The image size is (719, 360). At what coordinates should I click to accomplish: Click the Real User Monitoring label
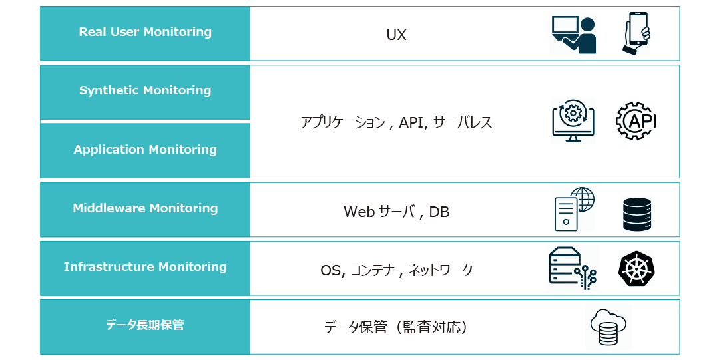point(145,32)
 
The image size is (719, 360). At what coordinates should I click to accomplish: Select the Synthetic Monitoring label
point(145,90)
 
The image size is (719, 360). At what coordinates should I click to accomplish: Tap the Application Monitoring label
point(145,150)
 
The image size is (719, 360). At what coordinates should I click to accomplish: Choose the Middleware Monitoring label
point(145,208)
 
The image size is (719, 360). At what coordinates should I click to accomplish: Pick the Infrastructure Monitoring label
point(145,267)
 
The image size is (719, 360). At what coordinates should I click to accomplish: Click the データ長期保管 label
point(145,325)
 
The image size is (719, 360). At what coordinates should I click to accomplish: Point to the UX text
point(396,35)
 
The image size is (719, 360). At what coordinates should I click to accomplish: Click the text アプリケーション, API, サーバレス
point(396,122)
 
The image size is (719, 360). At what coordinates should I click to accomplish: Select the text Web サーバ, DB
point(396,212)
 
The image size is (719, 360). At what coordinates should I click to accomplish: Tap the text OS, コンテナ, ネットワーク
point(396,270)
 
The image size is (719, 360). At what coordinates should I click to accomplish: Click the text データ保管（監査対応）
point(396,327)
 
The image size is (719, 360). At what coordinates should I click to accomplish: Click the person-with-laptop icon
point(574,35)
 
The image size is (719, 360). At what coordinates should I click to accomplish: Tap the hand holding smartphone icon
point(636,33)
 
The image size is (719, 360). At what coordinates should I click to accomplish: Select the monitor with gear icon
point(573,120)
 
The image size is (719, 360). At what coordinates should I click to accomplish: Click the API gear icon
point(636,121)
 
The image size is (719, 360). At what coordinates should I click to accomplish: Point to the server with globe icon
point(574,209)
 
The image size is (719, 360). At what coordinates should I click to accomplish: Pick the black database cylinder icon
point(637,214)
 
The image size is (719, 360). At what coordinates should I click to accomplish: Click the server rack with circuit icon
point(573,268)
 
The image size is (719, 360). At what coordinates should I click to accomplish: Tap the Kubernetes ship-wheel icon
point(636,269)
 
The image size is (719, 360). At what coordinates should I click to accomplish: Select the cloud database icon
point(608,327)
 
